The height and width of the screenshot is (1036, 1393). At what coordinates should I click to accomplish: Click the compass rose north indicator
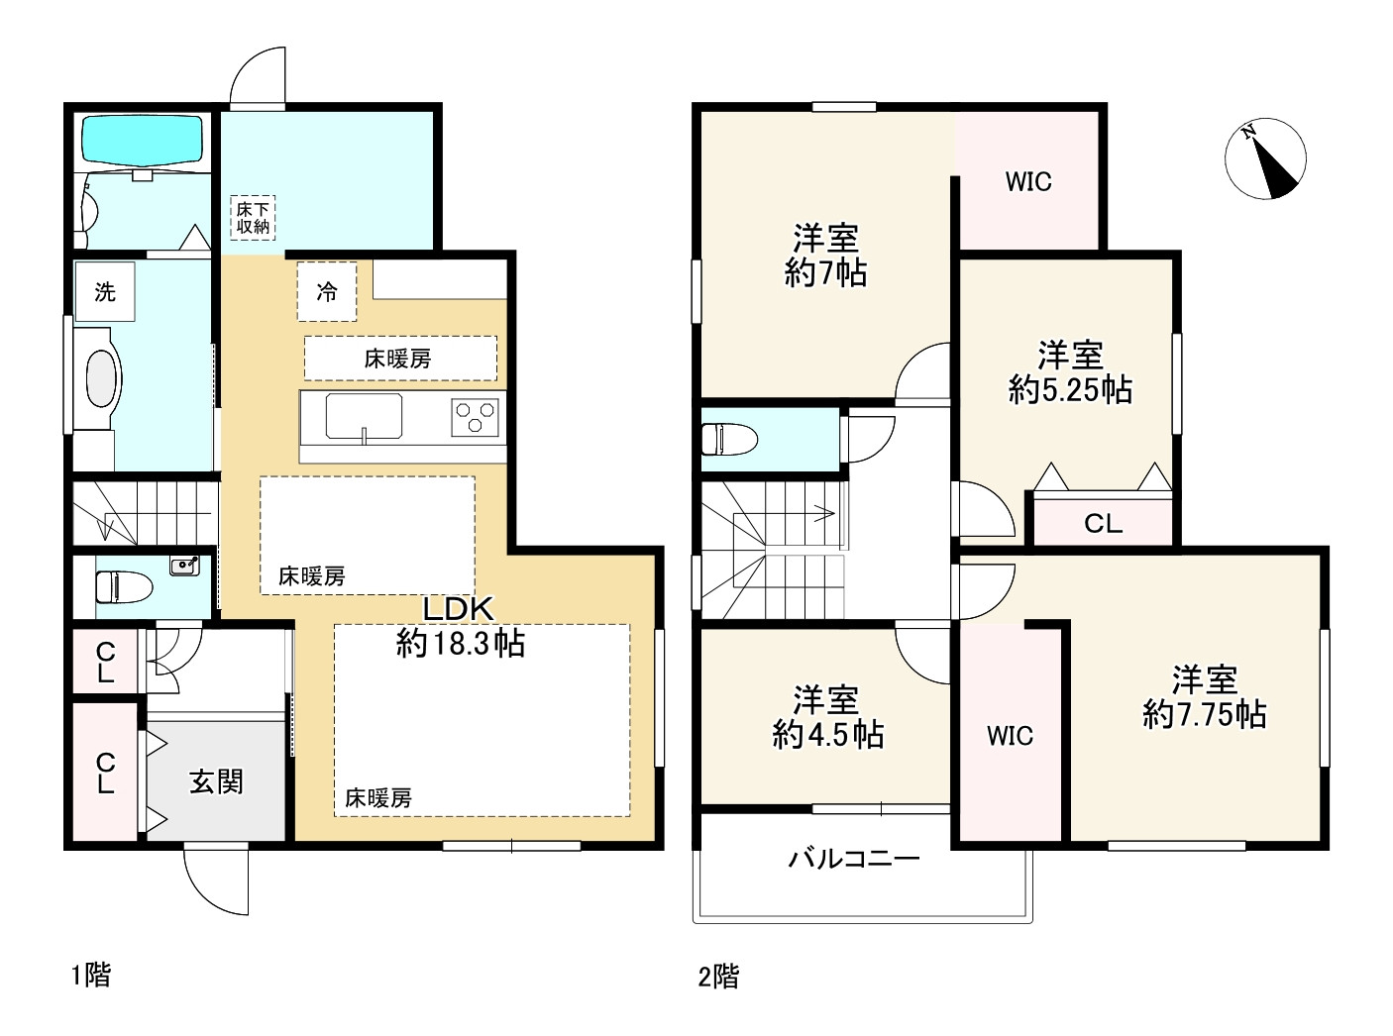pos(1265,158)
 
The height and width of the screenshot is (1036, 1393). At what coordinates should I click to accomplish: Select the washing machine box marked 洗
pos(105,291)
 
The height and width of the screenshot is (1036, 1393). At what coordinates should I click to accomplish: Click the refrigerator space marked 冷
pos(326,291)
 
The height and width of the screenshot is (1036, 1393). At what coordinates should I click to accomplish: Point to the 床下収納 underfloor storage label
pos(253,217)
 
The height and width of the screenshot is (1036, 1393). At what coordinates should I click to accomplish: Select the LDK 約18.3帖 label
pos(460,627)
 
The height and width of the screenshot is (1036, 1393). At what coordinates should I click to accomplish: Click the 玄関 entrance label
pos(216,781)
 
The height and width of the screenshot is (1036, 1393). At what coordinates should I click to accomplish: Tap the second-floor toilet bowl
pos(728,437)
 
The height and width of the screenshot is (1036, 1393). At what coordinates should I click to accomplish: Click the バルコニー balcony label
pos(854,858)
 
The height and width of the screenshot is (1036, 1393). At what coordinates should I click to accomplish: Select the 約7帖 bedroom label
pos(825,256)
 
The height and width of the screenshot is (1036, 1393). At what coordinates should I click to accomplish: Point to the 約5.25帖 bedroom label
pos(1070,372)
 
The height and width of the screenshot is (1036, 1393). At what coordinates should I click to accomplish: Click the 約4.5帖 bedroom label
pos(827,717)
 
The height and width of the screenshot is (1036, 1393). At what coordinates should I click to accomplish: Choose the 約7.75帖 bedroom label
pos(1204,697)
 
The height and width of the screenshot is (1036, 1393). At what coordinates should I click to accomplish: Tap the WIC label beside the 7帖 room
pos(1027,182)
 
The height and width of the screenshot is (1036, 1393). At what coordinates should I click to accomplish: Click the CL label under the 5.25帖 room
pos(1103,524)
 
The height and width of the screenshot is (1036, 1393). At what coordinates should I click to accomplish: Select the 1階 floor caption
pos(90,976)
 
